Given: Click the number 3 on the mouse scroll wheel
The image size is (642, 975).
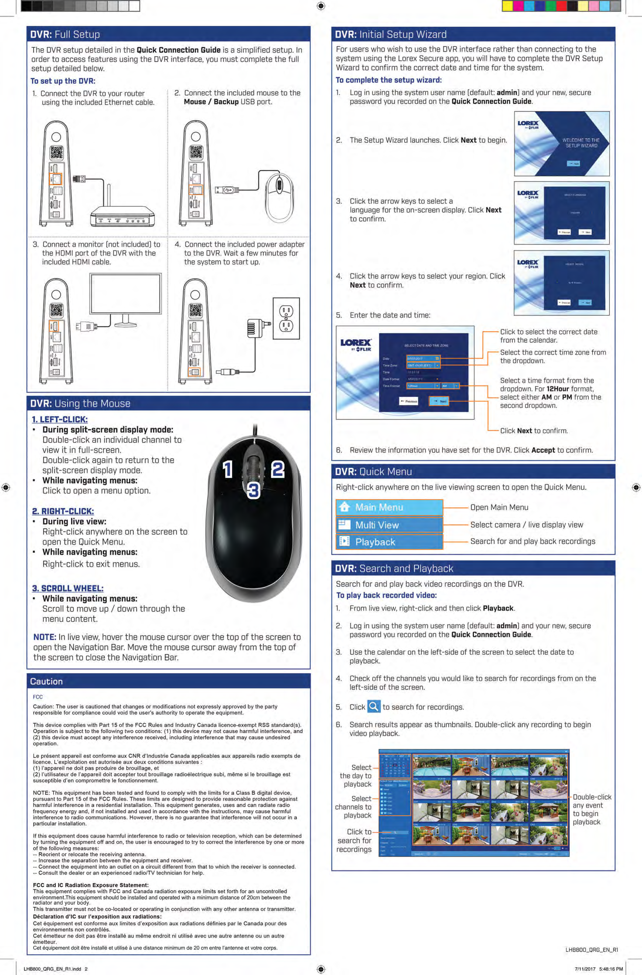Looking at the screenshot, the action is [x=253, y=490].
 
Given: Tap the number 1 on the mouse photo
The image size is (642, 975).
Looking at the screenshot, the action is [x=228, y=469].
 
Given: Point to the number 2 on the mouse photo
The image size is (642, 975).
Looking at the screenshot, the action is [x=278, y=469].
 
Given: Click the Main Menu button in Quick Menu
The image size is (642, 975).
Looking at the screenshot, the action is [x=389, y=507].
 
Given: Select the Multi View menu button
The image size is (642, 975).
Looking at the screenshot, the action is [x=389, y=525].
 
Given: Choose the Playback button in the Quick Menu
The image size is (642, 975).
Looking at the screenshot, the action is [x=389, y=542].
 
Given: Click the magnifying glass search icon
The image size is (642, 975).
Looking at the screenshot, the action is [x=373, y=707].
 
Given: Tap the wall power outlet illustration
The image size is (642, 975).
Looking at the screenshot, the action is [x=286, y=318].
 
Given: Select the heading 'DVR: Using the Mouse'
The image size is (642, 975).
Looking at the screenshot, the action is [x=80, y=404].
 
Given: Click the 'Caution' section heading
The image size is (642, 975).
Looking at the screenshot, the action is [x=46, y=681].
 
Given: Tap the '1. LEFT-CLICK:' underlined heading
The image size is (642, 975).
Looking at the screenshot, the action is [x=60, y=419].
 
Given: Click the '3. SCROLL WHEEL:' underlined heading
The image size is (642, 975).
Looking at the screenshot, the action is [x=68, y=588].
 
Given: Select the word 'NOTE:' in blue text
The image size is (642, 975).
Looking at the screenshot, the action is [x=45, y=637].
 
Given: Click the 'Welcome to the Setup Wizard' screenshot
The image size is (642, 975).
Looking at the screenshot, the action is [x=561, y=144].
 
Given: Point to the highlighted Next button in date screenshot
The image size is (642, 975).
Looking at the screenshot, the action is [x=439, y=401].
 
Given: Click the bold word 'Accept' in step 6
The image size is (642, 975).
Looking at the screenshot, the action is [x=543, y=450].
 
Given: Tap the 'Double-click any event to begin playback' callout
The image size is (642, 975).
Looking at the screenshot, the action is [x=592, y=809].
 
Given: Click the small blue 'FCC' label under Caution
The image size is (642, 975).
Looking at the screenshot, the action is [x=38, y=697].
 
